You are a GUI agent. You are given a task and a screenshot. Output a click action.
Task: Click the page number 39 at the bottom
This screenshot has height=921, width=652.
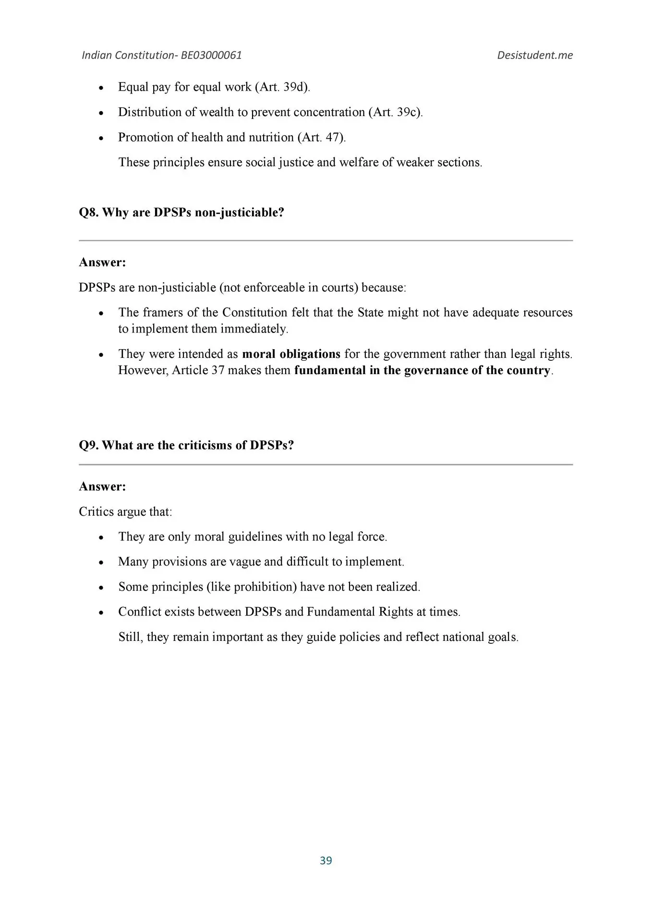point(326,860)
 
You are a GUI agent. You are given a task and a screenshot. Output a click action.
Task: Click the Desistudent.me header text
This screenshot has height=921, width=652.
point(534,55)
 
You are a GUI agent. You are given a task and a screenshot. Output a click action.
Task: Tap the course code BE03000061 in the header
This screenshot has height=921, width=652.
point(211,55)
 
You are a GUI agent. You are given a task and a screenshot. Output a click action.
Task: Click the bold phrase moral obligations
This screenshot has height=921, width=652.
point(291,354)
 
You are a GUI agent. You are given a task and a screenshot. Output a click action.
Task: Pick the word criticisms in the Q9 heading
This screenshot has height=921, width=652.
point(205,445)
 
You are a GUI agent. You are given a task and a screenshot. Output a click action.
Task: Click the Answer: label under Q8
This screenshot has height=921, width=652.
point(102,262)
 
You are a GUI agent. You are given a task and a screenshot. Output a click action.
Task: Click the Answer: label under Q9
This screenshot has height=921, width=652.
point(102,486)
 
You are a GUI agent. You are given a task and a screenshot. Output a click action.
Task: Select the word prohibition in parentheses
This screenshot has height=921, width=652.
point(264,587)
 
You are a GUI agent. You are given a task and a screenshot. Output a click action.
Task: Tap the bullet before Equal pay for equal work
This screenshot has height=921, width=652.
point(101,88)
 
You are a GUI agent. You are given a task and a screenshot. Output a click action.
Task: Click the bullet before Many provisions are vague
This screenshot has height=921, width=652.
point(101,562)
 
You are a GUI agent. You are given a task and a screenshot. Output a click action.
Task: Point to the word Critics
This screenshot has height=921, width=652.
point(97,511)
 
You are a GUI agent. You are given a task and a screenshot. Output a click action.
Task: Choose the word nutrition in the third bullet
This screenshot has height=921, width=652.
point(271,137)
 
